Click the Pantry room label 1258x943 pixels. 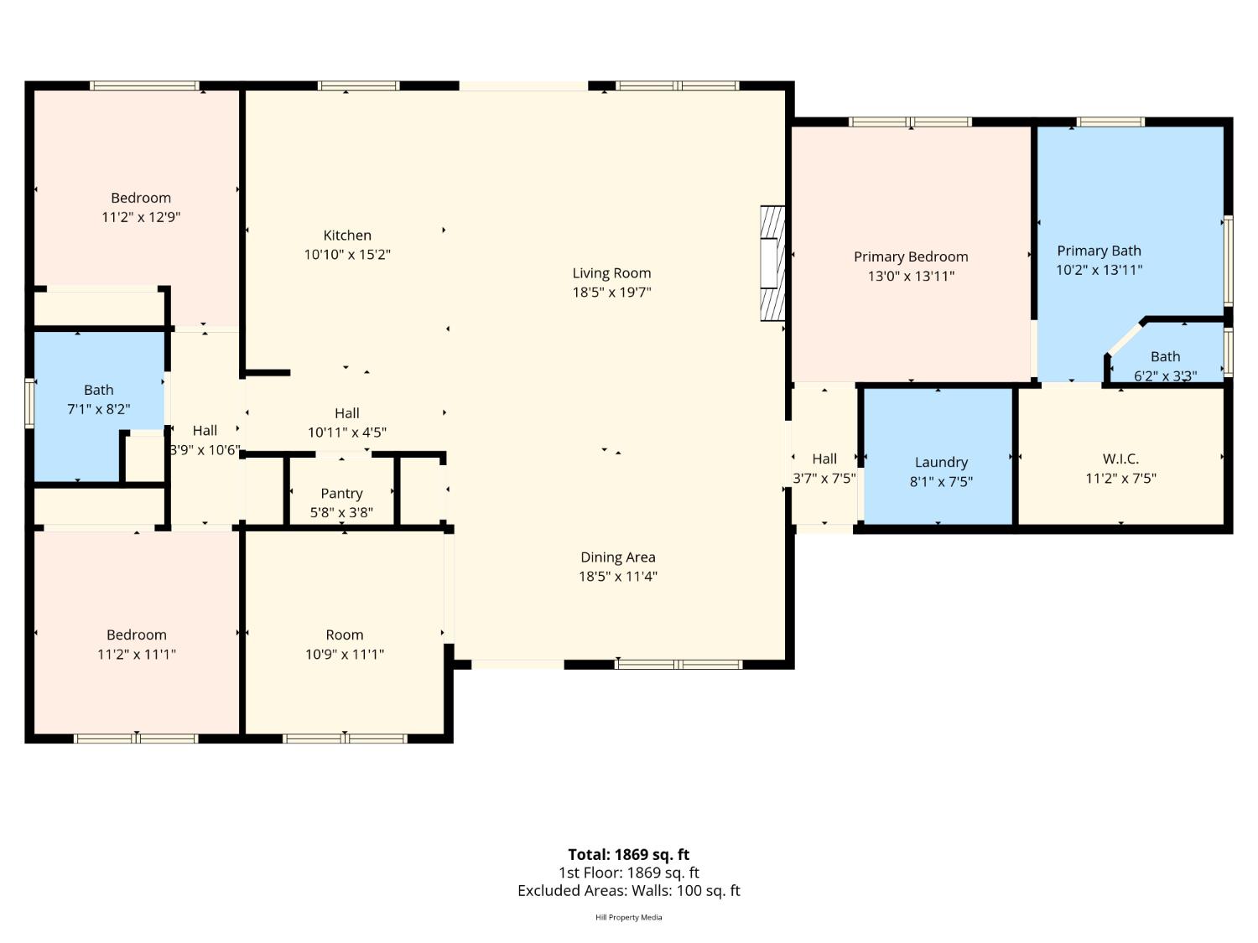point(341,494)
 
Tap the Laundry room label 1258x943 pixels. point(941,462)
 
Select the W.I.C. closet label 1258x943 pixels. point(1120,459)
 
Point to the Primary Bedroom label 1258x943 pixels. point(911,256)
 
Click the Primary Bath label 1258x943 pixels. point(1099,251)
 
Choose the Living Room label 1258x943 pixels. point(611,273)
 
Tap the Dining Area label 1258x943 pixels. point(617,557)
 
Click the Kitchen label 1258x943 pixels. point(347,236)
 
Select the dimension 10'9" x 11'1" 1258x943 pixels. point(345,654)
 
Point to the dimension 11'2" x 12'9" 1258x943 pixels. point(141,217)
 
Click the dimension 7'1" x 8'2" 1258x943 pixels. point(99,409)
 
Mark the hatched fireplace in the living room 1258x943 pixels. point(772,263)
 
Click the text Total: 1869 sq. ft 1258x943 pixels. point(628,854)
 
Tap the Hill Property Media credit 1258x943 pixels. point(628,917)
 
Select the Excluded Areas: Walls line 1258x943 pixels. point(628,891)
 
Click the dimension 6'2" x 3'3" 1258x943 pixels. point(1165,376)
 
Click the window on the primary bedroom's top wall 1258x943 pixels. point(911,122)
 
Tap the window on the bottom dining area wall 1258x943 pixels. point(678,665)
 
